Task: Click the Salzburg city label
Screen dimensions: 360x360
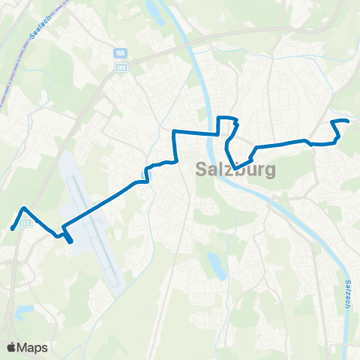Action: (x=235, y=169)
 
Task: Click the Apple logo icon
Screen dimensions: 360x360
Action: (x=12, y=347)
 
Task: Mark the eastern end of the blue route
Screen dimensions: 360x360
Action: (x=348, y=121)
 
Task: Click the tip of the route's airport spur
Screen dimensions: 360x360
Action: (x=71, y=241)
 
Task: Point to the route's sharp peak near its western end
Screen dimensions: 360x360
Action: (x=25, y=208)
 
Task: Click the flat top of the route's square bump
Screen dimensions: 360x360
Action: (x=226, y=118)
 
